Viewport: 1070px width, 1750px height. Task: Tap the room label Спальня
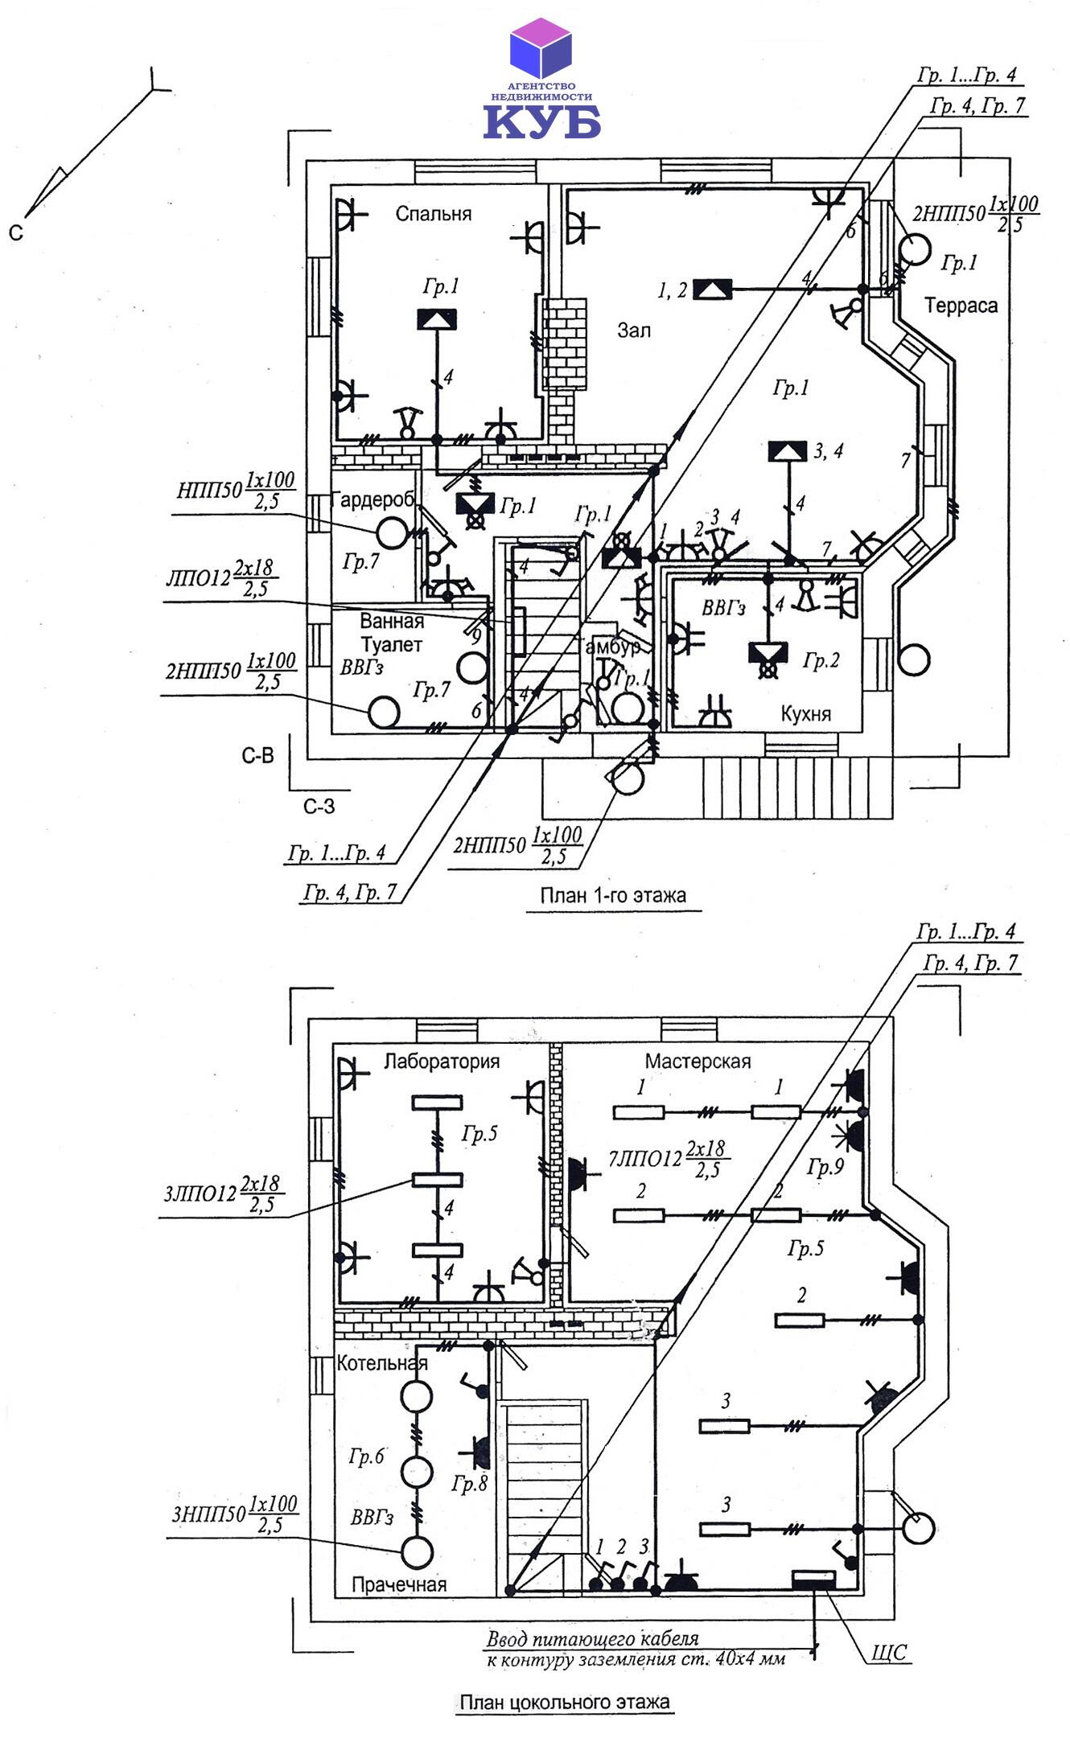tap(433, 214)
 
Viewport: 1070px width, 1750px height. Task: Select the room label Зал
tap(634, 330)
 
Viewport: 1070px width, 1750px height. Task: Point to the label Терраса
tap(961, 306)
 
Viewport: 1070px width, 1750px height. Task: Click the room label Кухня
tap(805, 714)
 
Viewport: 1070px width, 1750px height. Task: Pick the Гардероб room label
tap(372, 500)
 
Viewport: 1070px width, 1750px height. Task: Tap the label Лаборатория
tap(442, 1062)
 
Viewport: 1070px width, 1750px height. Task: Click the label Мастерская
tap(698, 1062)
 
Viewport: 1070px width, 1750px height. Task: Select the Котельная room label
tap(382, 1363)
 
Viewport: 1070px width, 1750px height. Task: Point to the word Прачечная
tap(399, 1584)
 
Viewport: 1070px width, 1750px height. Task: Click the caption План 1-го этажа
tap(613, 896)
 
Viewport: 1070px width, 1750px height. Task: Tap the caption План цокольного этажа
tap(564, 1702)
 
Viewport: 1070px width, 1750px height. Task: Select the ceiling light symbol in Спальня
tap(437, 319)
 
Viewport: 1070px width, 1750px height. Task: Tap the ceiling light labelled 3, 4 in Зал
tap(788, 451)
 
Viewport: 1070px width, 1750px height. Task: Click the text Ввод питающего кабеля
tap(593, 1638)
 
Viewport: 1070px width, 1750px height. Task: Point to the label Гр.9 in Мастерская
tap(825, 1167)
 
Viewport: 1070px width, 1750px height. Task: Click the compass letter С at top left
tap(16, 233)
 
